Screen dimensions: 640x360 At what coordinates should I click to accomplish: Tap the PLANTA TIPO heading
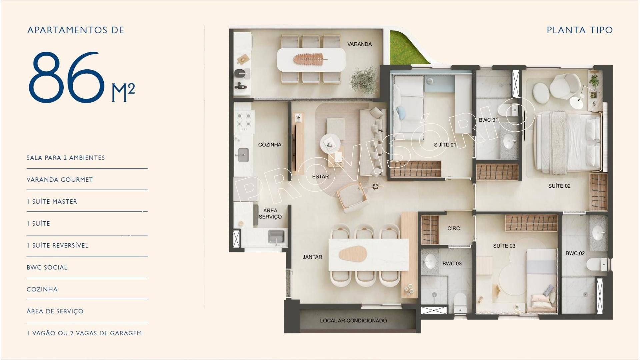tap(580, 30)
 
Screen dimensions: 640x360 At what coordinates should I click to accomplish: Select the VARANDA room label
tap(359, 44)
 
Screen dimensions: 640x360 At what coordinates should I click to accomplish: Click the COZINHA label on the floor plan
tap(270, 145)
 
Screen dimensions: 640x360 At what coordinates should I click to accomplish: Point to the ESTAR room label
tap(320, 177)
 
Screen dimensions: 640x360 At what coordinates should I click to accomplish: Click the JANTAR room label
tap(312, 257)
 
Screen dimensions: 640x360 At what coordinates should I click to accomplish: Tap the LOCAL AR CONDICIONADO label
tap(353, 321)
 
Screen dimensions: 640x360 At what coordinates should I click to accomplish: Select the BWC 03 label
tap(452, 264)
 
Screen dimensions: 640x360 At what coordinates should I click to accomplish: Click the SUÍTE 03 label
tap(504, 246)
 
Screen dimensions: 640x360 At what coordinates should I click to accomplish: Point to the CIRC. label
tap(454, 228)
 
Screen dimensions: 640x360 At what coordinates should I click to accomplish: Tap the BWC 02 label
tap(575, 253)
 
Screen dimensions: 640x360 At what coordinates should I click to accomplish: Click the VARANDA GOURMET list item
tap(60, 180)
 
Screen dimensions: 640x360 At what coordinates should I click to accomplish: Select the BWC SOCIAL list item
tap(47, 267)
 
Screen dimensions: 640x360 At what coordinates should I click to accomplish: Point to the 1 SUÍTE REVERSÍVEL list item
tap(58, 246)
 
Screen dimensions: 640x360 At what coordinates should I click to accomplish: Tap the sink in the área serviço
tap(276, 236)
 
